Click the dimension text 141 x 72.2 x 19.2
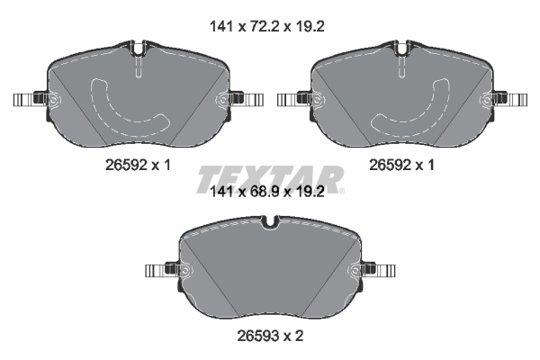pos(267,26)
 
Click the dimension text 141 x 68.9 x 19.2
pos(267,192)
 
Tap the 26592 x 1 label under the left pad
pos(138,166)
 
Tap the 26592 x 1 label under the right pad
pos(401,166)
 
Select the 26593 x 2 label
pos(270,336)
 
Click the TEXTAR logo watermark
pos(270,179)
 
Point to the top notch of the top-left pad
pos(138,49)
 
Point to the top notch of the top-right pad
pos(402,49)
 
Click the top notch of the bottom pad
pos(270,222)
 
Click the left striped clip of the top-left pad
pos(23,100)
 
